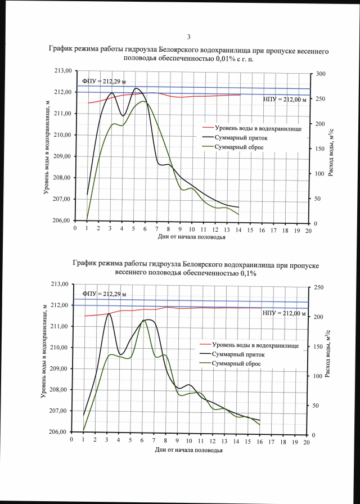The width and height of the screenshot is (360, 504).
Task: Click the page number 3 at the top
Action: (x=188, y=37)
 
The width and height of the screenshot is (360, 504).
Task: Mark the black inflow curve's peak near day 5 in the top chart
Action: (x=136, y=88)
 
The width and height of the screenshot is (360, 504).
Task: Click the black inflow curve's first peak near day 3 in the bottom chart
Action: (x=108, y=314)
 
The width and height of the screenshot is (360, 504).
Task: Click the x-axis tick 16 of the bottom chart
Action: (x=259, y=443)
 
